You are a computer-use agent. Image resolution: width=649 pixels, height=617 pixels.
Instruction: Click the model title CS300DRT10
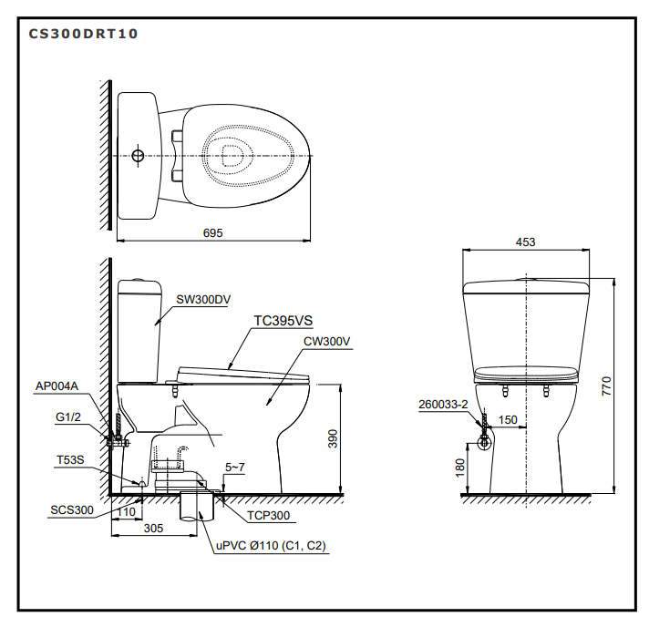tap(84, 34)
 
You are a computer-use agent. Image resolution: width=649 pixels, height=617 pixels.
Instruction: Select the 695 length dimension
tap(212, 233)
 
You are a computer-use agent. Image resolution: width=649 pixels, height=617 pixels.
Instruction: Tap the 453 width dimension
tap(525, 242)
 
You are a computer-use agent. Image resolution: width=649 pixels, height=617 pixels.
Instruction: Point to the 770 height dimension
tap(626, 386)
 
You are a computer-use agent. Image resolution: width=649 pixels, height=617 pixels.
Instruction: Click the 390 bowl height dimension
tap(333, 438)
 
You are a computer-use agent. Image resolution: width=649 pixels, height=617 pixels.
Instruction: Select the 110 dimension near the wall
tap(127, 512)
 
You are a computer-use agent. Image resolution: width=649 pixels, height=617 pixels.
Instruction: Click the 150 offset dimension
tap(508, 420)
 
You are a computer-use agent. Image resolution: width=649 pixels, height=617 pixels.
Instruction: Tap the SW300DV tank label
tap(203, 298)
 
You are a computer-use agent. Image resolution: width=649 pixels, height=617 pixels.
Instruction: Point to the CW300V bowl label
tap(327, 341)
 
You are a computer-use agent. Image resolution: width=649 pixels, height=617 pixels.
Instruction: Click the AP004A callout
tap(57, 386)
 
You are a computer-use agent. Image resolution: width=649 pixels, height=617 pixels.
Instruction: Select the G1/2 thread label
tap(67, 418)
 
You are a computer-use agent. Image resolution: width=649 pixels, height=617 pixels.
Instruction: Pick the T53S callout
tap(69, 460)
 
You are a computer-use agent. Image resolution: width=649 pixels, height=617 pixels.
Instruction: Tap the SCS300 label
tap(72, 510)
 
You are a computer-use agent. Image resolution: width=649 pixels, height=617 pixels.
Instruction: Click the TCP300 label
tap(268, 516)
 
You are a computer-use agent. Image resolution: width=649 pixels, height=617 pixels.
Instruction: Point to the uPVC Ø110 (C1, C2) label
tap(271, 546)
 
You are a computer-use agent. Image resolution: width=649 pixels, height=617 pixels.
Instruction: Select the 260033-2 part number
tap(443, 403)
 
